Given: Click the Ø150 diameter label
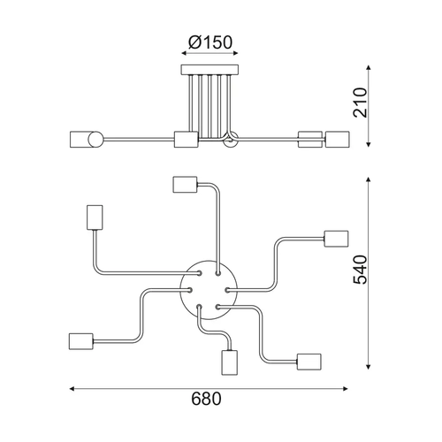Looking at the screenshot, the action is [210, 42].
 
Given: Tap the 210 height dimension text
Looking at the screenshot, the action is [361, 103].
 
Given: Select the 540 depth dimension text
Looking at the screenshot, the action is [361, 271].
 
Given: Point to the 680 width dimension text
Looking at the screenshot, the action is [206, 399].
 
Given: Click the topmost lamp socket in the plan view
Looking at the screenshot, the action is [185, 185].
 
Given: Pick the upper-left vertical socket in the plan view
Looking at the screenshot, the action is [95, 217].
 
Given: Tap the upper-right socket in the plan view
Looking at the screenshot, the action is [336, 239].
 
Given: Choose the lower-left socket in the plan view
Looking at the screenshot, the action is [81, 341].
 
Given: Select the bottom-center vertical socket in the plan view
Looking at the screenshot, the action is [230, 362].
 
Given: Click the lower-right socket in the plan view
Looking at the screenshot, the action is [309, 362].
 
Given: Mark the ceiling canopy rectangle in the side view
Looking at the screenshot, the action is [210, 70].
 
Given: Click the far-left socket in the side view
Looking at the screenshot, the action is [82, 140].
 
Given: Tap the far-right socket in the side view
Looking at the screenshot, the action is [338, 140].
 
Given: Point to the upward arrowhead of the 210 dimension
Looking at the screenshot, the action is [368, 67].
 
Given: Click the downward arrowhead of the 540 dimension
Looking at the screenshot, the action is [368, 367].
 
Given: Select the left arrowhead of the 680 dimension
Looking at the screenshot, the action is [72, 389].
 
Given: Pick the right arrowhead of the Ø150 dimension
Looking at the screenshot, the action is [235, 53].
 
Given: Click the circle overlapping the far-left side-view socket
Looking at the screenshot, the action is [96, 140].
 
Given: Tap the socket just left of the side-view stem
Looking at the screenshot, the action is [187, 140].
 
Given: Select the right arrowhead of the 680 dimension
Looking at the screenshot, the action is [346, 389].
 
